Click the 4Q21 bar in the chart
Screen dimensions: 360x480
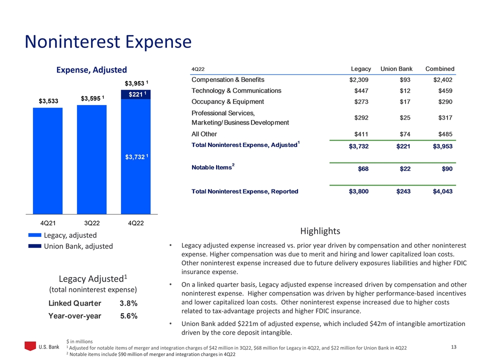click(47, 160)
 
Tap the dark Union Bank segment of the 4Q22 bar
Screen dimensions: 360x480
click(135, 94)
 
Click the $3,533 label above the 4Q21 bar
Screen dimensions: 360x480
click(49, 101)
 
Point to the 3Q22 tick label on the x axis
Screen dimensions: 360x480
click(91, 223)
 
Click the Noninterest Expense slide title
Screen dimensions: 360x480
click(108, 41)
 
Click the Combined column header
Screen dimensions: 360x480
click(439, 68)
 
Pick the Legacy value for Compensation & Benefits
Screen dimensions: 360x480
click(360, 79)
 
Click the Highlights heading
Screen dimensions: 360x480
click(320, 231)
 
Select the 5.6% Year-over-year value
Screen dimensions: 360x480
click(128, 315)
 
